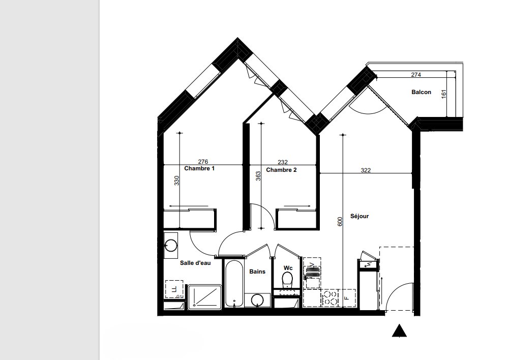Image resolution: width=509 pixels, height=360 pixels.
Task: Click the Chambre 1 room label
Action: [x=199, y=168]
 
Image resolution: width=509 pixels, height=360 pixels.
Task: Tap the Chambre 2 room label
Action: [x=281, y=170]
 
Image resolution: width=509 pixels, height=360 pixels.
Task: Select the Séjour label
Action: [x=360, y=216]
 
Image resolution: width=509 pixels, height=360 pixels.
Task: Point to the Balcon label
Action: [x=422, y=92]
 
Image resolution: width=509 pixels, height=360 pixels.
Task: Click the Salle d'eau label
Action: [x=195, y=263]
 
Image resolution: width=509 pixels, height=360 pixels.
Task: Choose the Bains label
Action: [x=257, y=272]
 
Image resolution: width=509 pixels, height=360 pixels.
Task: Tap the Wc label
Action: [x=288, y=268]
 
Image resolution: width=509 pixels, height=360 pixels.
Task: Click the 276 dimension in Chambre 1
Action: [x=203, y=162]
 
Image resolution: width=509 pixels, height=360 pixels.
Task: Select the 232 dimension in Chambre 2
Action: [x=283, y=162]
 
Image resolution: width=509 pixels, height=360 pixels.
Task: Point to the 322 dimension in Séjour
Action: [x=366, y=170]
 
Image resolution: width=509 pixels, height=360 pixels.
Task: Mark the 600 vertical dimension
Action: [x=340, y=222]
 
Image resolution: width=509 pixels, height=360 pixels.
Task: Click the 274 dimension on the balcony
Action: [x=416, y=75]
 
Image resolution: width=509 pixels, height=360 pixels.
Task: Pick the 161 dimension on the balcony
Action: [x=444, y=94]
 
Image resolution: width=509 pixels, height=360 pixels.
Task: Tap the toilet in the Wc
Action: [x=287, y=280]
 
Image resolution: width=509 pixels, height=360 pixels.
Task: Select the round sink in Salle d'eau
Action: [x=171, y=246]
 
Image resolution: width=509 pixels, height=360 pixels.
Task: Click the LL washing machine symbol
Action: [x=174, y=289]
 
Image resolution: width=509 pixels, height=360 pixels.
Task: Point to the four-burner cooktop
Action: [x=330, y=298]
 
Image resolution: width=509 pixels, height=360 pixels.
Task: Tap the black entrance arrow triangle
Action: [x=399, y=331]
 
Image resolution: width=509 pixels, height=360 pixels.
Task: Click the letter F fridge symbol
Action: [x=347, y=297]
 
